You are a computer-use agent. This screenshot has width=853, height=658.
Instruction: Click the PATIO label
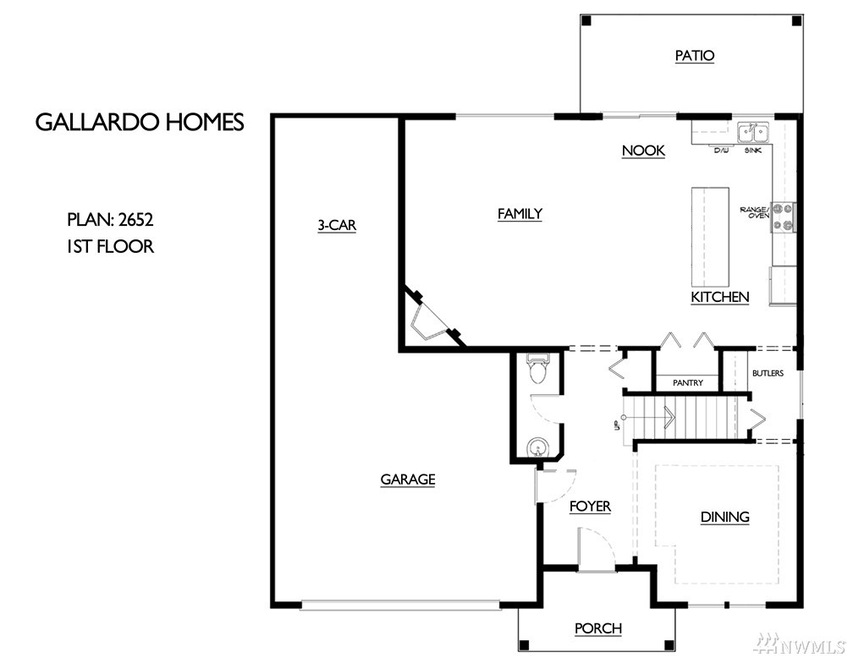(694, 56)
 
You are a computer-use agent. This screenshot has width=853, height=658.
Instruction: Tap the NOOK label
(643, 151)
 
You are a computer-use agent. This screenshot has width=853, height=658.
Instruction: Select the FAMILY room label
(520, 213)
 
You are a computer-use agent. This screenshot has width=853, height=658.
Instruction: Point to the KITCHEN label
(720, 297)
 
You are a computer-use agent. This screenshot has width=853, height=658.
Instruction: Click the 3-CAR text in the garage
(337, 226)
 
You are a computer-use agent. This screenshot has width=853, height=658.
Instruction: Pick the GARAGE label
(408, 479)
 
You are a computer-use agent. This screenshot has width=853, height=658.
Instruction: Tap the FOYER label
(590, 506)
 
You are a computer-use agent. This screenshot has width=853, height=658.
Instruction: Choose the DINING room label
(724, 517)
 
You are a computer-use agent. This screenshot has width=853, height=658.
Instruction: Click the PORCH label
(598, 628)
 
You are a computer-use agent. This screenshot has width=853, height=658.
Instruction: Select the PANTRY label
(688, 383)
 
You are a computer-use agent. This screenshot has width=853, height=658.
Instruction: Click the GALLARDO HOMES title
(140, 122)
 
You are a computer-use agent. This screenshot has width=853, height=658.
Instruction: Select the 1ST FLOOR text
(110, 246)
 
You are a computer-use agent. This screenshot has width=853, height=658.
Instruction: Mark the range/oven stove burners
(783, 216)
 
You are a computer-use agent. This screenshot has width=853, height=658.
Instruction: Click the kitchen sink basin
(753, 132)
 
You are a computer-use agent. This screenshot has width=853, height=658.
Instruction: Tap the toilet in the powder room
(538, 371)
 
